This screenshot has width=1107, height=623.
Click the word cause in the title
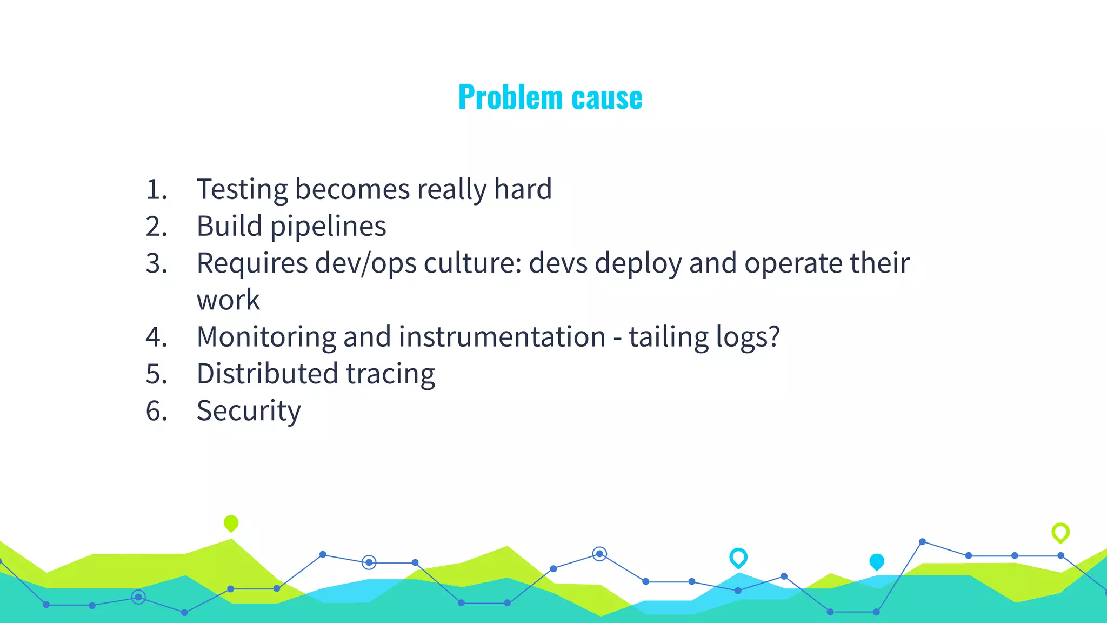click(x=607, y=98)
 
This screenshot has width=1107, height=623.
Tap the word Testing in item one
click(x=242, y=190)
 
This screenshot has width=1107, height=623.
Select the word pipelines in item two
click(x=328, y=227)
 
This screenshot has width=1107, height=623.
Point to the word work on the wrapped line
click(x=228, y=300)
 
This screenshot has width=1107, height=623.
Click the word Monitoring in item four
click(x=266, y=337)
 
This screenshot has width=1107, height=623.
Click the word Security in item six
click(x=249, y=411)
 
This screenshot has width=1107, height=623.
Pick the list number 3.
click(x=157, y=264)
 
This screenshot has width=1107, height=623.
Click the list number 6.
click(x=157, y=411)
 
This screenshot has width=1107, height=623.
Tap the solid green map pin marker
click(x=231, y=523)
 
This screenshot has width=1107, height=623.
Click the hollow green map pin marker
click(x=1060, y=532)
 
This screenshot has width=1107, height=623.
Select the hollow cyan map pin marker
click(x=738, y=557)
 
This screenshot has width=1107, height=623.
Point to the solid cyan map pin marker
click(x=876, y=561)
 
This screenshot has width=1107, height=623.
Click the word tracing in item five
click(x=390, y=374)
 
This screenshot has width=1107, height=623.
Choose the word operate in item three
click(x=793, y=263)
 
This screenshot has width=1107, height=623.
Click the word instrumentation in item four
click(x=502, y=337)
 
